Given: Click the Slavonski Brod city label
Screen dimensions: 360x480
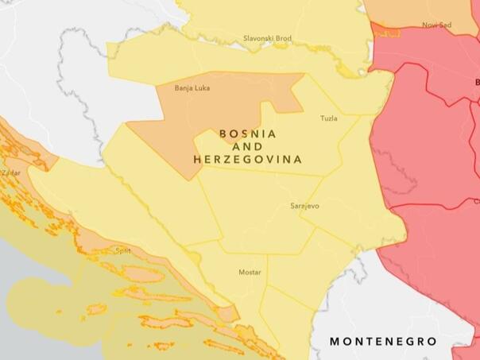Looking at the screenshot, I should (x=267, y=38).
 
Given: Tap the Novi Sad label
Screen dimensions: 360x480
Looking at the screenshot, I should (x=436, y=25).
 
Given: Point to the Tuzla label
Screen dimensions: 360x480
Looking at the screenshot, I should (x=328, y=118).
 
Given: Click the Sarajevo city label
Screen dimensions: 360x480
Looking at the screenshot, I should (x=304, y=206).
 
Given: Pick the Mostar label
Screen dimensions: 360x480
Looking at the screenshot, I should (x=250, y=273).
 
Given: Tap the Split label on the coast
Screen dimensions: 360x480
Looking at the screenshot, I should (x=123, y=250).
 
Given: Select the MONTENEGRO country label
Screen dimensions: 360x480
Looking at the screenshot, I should (x=383, y=342).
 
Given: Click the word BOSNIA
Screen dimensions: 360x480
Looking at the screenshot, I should (x=248, y=134).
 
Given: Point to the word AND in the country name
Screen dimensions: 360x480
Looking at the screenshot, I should (x=248, y=146).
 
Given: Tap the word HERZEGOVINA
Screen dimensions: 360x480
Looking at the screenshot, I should (x=248, y=159).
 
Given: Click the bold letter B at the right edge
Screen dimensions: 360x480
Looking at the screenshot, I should (x=477, y=82).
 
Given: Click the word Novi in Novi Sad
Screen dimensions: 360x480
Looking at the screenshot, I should (x=430, y=25).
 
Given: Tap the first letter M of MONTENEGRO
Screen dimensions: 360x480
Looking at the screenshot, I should (x=335, y=342).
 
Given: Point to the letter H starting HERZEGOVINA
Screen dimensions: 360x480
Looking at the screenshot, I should (x=197, y=159).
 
